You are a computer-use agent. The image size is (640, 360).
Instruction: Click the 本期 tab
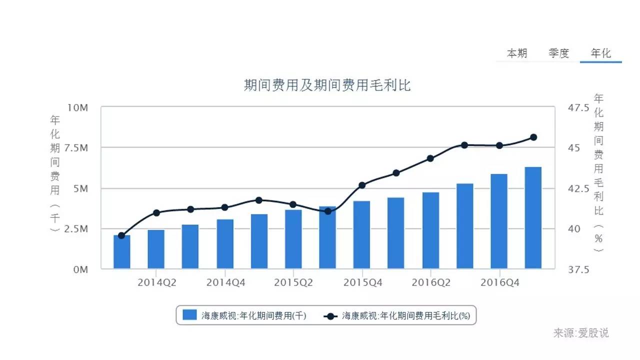tap(517, 53)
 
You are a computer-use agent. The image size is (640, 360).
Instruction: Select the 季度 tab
tap(558, 53)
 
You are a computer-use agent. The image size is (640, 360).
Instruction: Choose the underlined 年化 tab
tap(600, 53)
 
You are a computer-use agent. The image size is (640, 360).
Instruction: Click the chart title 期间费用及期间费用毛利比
tap(327, 85)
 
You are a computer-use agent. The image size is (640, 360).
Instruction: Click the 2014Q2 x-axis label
tap(156, 282)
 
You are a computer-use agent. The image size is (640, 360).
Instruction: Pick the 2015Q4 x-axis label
tap(362, 282)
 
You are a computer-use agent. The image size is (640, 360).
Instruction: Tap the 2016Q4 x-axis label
tap(499, 282)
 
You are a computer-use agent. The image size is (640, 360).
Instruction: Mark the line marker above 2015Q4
tap(362, 185)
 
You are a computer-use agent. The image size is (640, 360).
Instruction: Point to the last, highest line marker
tap(533, 137)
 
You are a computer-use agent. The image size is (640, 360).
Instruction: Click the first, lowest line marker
tap(121, 235)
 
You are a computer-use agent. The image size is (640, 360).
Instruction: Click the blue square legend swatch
tap(189, 315)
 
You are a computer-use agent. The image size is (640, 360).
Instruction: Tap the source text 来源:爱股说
tap(580, 333)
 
